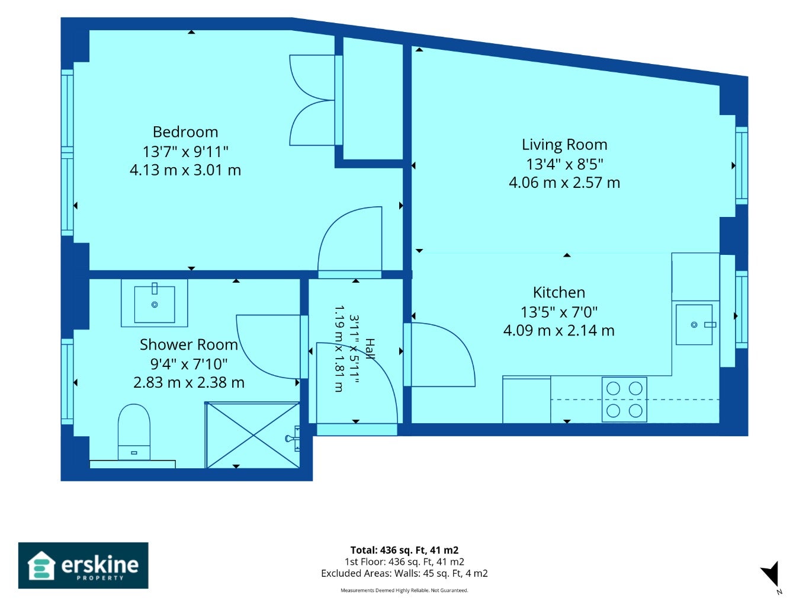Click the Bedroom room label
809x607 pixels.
pos(185,132)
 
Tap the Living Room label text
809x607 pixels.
pos(564,144)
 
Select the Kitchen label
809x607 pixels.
pos(558,292)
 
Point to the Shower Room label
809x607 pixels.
pos(189,345)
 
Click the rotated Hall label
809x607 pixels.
pos(370,349)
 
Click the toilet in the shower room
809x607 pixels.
pos(134,432)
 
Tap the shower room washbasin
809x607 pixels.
pos(155,303)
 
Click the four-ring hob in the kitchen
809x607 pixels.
pos(624,400)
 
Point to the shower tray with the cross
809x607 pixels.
pos(253,436)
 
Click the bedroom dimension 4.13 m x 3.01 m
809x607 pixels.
pos(185,170)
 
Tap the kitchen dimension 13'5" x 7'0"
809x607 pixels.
pos(558,312)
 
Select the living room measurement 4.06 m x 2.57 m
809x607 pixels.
pos(564,183)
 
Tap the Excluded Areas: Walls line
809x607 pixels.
pos(404,573)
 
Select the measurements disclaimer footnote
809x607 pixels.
pos(404,590)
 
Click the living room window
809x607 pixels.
pos(741,165)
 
